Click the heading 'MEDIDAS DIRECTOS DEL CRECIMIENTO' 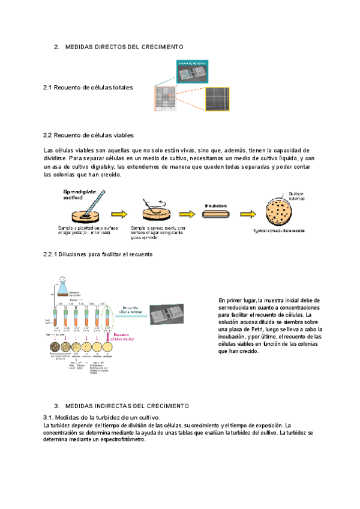pyautogui.click(x=124, y=47)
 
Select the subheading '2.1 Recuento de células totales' pyautogui.click(x=88, y=88)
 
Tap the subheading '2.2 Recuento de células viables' pyautogui.click(x=88, y=135)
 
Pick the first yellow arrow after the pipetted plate pyautogui.click(x=119, y=214)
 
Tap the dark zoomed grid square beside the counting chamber pyautogui.click(x=217, y=97)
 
